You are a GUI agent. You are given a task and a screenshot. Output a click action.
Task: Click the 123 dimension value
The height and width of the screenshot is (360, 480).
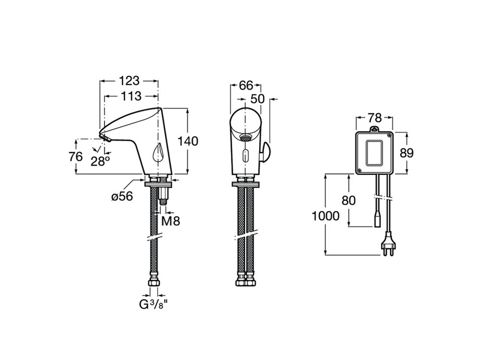pos(129,81)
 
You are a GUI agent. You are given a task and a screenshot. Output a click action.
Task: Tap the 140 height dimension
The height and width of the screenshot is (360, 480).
pos(188,141)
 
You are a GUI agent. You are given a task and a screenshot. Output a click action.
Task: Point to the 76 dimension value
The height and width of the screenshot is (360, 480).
pos(76,156)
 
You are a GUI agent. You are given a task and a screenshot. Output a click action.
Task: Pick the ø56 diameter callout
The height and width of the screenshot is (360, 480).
pos(122,196)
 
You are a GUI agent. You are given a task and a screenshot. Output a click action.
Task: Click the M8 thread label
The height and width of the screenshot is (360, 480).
pos(170,220)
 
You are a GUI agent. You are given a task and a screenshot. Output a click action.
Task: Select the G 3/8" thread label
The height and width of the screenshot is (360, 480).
pos(154,305)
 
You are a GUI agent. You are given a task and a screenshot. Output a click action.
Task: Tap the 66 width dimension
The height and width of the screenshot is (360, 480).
pos(246,85)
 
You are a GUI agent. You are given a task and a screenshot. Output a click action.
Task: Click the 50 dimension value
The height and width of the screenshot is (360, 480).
pos(257,99)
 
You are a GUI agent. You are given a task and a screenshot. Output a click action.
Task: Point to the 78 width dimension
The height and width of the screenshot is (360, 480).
pos(375,118)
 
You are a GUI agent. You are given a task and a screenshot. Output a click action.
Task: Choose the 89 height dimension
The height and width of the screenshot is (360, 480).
pos(407,153)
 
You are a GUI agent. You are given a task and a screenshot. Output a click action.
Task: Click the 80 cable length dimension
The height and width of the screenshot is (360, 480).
pos(348,201)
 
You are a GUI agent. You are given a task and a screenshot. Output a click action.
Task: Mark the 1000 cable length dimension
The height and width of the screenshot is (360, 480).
pos(325,216)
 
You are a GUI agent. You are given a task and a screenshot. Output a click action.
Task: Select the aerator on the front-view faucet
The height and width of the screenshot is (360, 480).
pos(245,137)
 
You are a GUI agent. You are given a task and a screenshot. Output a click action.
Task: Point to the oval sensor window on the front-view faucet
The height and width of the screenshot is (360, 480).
pos(245,156)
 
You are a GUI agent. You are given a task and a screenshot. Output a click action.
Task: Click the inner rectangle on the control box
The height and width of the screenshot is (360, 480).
pos(374,153)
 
